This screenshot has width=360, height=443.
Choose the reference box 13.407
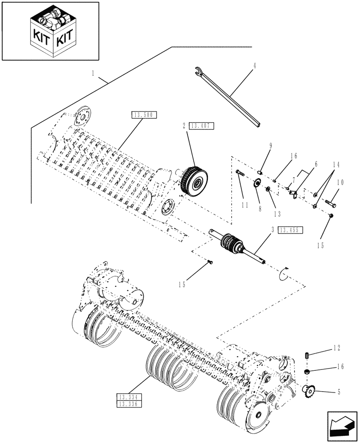[202, 126]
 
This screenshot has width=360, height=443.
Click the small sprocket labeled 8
[257, 183]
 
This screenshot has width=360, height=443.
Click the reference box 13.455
[290, 230]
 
